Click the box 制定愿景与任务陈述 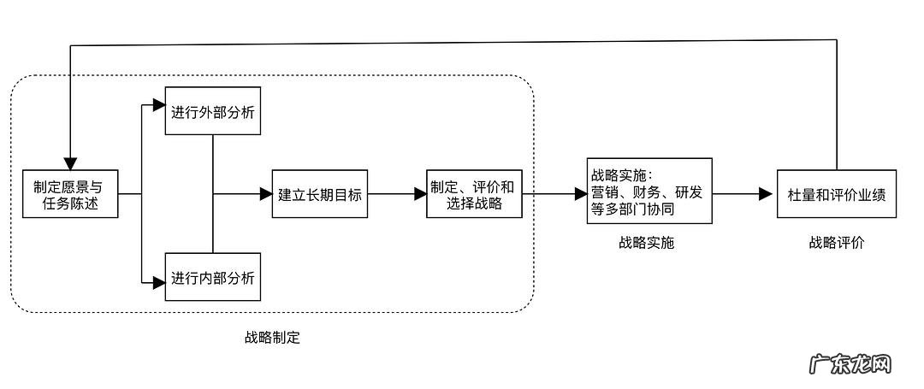(x=69, y=194)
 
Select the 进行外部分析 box (x=212, y=110)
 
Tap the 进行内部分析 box (x=212, y=278)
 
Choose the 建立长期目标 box (x=320, y=194)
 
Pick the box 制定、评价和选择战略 (x=473, y=194)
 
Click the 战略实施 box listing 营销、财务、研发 (x=649, y=191)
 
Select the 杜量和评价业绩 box (x=836, y=194)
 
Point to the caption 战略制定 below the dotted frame (x=272, y=337)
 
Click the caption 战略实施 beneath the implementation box (x=647, y=243)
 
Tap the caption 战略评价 (x=837, y=243)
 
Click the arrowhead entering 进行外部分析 (x=158, y=106)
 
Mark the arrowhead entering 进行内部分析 (x=158, y=279)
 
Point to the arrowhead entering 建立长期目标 (x=265, y=194)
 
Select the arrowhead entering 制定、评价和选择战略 (x=420, y=194)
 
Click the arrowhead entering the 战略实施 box (x=581, y=194)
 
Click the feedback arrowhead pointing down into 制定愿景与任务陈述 (x=69, y=162)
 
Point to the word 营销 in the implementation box (x=603, y=192)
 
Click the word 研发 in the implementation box (x=688, y=192)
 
